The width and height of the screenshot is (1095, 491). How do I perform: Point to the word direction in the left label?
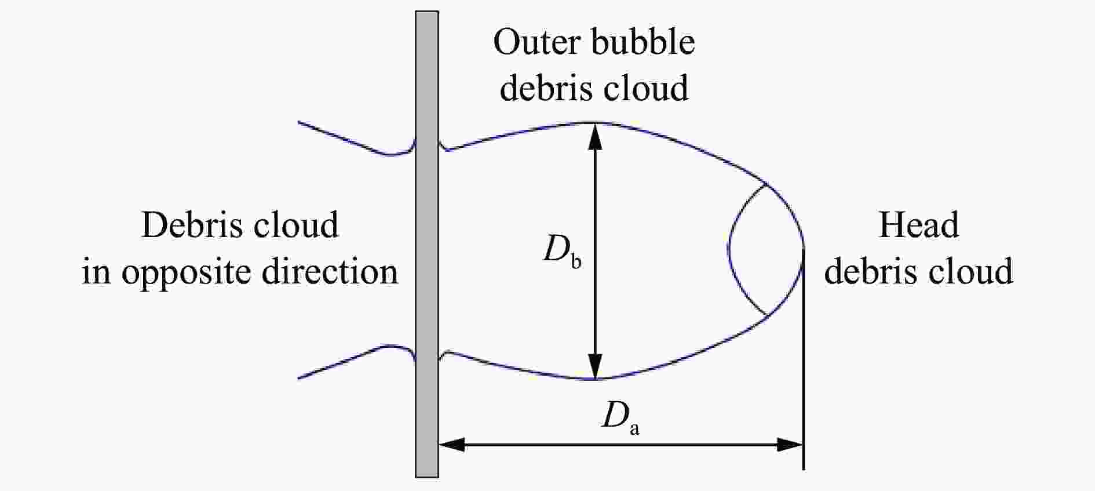(330, 271)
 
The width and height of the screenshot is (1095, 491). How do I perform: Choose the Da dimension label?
(620, 417)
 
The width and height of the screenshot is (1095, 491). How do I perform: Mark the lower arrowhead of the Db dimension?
(595, 366)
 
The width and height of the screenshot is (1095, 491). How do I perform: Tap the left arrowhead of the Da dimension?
(451, 445)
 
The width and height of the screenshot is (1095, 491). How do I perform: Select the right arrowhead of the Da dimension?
(790, 445)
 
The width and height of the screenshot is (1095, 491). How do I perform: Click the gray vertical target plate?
(426, 244)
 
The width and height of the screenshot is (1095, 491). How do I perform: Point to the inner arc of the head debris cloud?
(729, 249)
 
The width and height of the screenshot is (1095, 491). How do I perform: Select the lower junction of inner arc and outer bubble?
(768, 316)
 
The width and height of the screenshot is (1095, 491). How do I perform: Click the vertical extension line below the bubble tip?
(804, 359)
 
